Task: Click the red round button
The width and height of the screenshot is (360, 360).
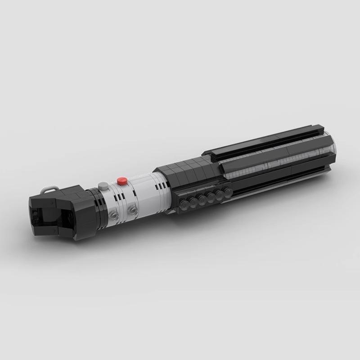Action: click(121, 181)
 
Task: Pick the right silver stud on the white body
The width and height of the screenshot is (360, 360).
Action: click(132, 210)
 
